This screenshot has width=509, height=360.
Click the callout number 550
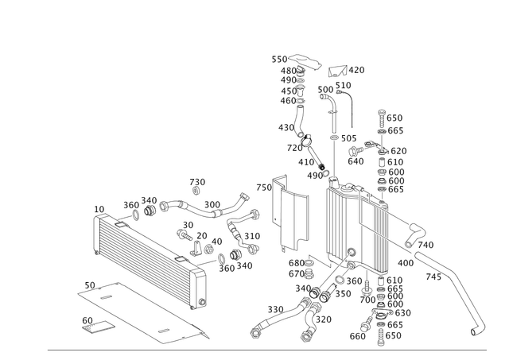click(279, 60)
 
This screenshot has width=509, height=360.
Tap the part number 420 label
click(356, 70)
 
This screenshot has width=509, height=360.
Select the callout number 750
click(264, 188)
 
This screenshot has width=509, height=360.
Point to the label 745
click(433, 277)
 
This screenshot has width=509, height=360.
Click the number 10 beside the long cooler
click(99, 209)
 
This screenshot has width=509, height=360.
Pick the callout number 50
click(90, 285)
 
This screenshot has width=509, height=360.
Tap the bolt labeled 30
click(184, 234)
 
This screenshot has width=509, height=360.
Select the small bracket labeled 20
click(196, 249)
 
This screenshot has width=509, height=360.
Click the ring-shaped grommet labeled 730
click(196, 191)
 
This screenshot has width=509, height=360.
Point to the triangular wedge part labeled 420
click(337, 71)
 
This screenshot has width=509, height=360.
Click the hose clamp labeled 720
click(305, 140)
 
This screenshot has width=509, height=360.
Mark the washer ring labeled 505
click(334, 138)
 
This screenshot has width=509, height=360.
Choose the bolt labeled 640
click(356, 150)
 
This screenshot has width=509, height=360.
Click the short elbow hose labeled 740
click(415, 234)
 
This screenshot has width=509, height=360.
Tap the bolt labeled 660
click(367, 323)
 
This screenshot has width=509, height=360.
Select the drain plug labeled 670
click(309, 273)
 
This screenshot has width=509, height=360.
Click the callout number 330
click(276, 310)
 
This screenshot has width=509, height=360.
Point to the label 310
click(252, 236)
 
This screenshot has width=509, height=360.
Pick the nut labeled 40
click(209, 250)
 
